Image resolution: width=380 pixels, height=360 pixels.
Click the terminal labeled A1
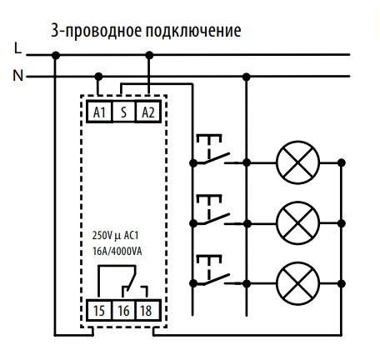tap(98, 110)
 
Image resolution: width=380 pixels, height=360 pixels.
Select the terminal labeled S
tap(123, 110)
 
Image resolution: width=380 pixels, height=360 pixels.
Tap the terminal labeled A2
tap(147, 110)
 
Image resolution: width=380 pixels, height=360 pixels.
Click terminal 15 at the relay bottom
tap(98, 310)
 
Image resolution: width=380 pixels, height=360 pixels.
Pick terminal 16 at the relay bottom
tap(123, 310)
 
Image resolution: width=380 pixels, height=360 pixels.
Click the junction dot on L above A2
tap(148, 56)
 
